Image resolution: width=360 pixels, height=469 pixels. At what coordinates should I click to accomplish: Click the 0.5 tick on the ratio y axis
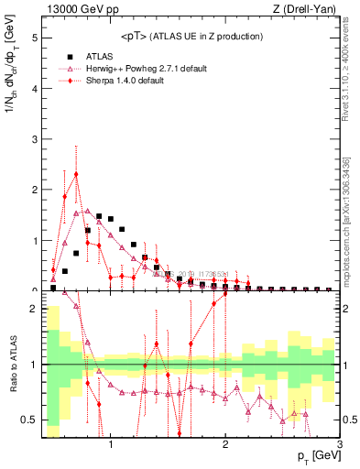point(28,420)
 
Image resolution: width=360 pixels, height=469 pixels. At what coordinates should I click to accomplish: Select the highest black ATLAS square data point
point(99,216)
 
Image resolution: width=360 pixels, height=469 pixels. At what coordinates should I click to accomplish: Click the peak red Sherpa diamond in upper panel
point(76,174)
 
